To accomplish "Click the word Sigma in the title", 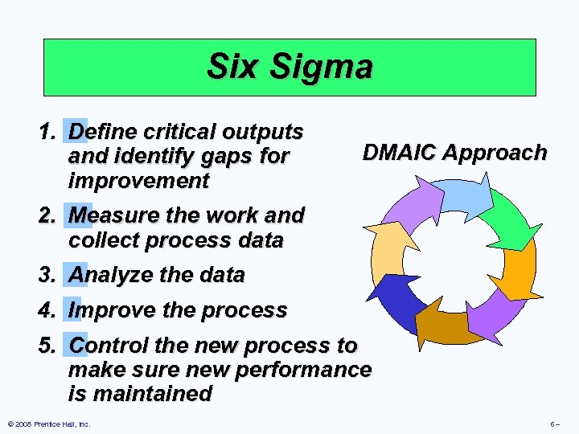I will (x=325, y=67).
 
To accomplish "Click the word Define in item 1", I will (x=103, y=132).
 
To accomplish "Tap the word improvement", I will (x=139, y=181).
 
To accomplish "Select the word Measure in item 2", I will (x=113, y=215).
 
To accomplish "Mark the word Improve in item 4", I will (x=110, y=310).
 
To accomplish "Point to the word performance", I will (x=303, y=370).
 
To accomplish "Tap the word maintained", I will (x=154, y=394).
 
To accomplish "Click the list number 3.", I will (x=47, y=275).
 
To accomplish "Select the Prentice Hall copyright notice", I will (x=48, y=424).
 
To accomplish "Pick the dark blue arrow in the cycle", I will (x=398, y=301).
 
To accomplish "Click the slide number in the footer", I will (x=554, y=424).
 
